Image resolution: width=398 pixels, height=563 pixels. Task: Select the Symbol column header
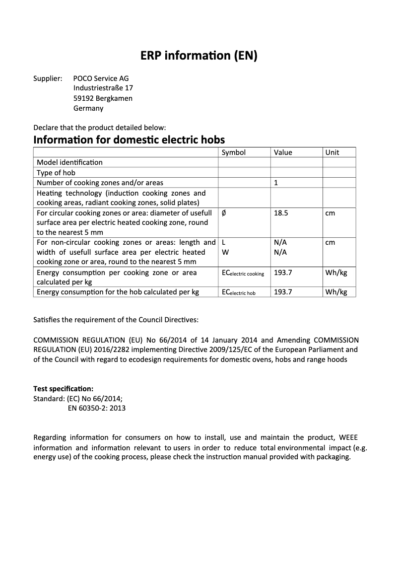(233, 152)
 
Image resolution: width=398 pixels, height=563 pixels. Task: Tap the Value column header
(283, 152)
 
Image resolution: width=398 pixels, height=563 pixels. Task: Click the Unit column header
(332, 152)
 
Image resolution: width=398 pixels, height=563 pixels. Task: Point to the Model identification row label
(69, 162)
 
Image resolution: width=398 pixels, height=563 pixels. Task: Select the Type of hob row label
(56, 173)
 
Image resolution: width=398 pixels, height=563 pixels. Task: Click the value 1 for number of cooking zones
(276, 183)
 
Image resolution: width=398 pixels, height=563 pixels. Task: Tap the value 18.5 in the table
(281, 212)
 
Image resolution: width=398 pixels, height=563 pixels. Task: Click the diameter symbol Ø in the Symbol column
(224, 212)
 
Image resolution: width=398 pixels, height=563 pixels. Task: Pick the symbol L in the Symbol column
(223, 242)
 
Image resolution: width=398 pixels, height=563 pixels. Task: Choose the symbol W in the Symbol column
(224, 252)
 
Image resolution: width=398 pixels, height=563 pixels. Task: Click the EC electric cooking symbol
(243, 273)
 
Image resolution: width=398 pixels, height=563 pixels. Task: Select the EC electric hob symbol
(238, 292)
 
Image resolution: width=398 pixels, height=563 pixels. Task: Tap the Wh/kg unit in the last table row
(336, 292)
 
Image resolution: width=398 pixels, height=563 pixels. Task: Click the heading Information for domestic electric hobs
(129, 140)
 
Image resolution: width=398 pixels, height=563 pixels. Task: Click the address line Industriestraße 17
(103, 88)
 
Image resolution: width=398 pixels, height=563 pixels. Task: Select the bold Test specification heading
(63, 388)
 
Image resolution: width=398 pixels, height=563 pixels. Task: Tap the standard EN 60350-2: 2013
(96, 408)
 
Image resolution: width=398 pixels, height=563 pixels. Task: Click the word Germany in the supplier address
(88, 108)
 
